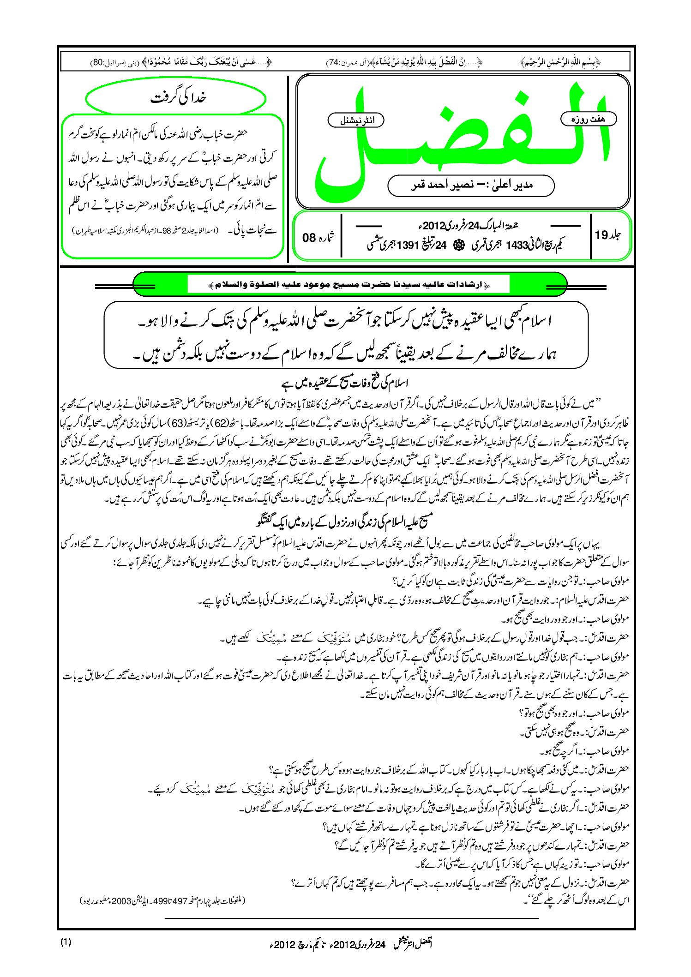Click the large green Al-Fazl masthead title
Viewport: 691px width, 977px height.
click(462, 138)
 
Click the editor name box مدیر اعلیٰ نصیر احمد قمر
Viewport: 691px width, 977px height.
click(471, 186)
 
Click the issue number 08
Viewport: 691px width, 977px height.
click(310, 238)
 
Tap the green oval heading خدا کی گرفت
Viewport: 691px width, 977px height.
click(176, 98)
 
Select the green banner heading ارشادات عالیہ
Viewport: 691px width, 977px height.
click(349, 285)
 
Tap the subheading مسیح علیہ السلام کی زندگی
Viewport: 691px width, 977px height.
click(345, 521)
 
